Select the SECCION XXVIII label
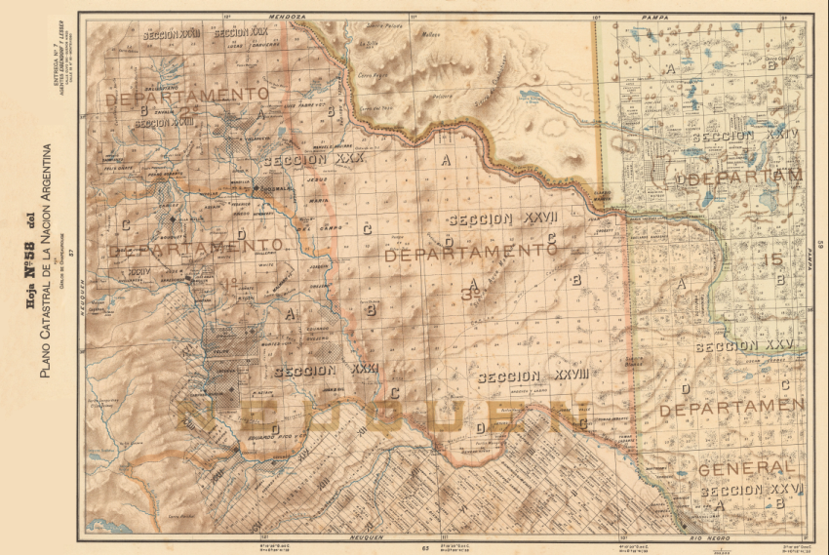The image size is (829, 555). click(x=522, y=377)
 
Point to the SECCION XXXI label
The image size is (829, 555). click(x=326, y=371)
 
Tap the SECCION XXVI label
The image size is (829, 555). click(x=752, y=491)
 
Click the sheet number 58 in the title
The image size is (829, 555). click(x=29, y=232)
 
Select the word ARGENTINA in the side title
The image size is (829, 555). click(x=45, y=175)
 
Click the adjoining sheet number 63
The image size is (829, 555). click(x=426, y=547)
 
